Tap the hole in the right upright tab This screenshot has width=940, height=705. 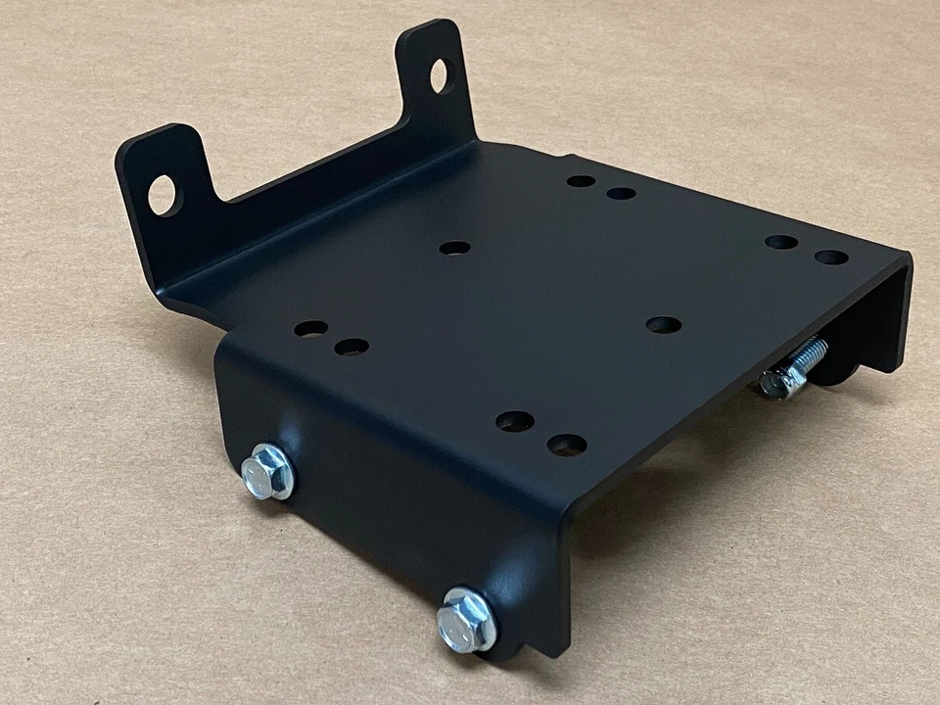point(439,75)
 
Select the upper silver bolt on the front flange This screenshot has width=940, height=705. point(266,471)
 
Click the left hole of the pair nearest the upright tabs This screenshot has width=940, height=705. point(581,181)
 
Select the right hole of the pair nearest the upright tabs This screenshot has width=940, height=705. point(621,193)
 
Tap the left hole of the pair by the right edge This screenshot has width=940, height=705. point(780,242)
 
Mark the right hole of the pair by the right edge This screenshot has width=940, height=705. point(831,258)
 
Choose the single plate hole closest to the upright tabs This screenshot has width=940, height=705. point(454,248)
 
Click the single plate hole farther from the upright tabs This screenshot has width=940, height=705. point(664,324)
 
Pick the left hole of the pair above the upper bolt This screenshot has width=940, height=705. point(310,329)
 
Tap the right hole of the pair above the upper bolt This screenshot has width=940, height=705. point(351,347)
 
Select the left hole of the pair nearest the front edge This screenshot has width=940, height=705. point(514,421)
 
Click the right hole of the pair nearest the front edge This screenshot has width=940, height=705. point(567,445)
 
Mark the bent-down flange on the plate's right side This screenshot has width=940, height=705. point(881,313)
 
